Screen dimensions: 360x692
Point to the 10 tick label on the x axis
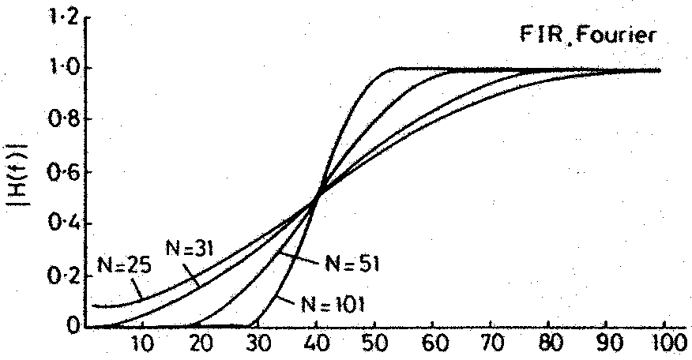tap(143, 345)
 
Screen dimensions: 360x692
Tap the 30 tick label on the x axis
tap(259, 345)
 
